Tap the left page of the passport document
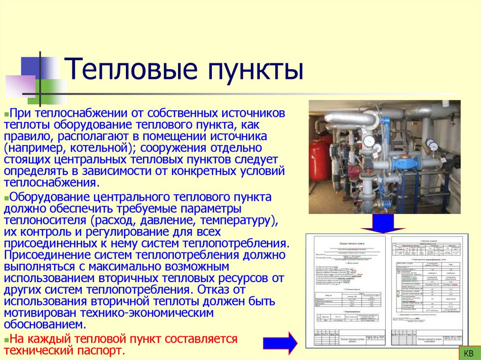pyautogui.click(x=347, y=291)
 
